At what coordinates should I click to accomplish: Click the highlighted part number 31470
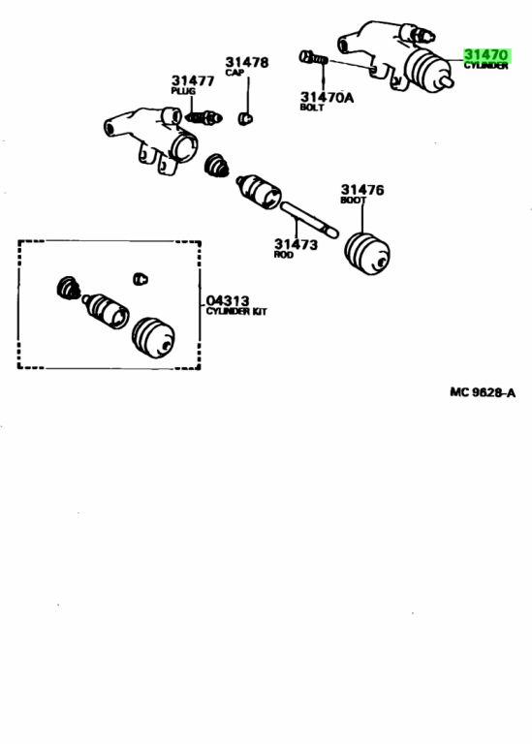[485, 55]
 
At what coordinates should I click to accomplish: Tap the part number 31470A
[327, 97]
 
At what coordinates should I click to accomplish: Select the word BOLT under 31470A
[312, 108]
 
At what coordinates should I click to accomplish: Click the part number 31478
[246, 62]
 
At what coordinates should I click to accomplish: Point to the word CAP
[235, 72]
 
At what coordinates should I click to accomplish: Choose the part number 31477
[193, 80]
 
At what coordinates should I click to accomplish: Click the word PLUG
[183, 91]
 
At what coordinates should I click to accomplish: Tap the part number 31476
[362, 190]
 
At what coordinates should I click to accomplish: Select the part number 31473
[296, 244]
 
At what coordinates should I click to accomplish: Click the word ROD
[283, 255]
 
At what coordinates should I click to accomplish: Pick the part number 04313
[228, 301]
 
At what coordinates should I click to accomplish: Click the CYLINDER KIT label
[236, 311]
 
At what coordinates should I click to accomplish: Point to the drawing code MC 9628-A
[483, 392]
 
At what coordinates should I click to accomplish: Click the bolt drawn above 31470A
[314, 58]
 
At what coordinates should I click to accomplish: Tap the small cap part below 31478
[245, 117]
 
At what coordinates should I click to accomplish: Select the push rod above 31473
[309, 220]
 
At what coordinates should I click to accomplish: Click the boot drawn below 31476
[367, 253]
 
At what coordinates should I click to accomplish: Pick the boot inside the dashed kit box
[153, 337]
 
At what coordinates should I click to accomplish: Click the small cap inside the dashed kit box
[140, 279]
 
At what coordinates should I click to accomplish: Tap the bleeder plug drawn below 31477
[203, 117]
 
